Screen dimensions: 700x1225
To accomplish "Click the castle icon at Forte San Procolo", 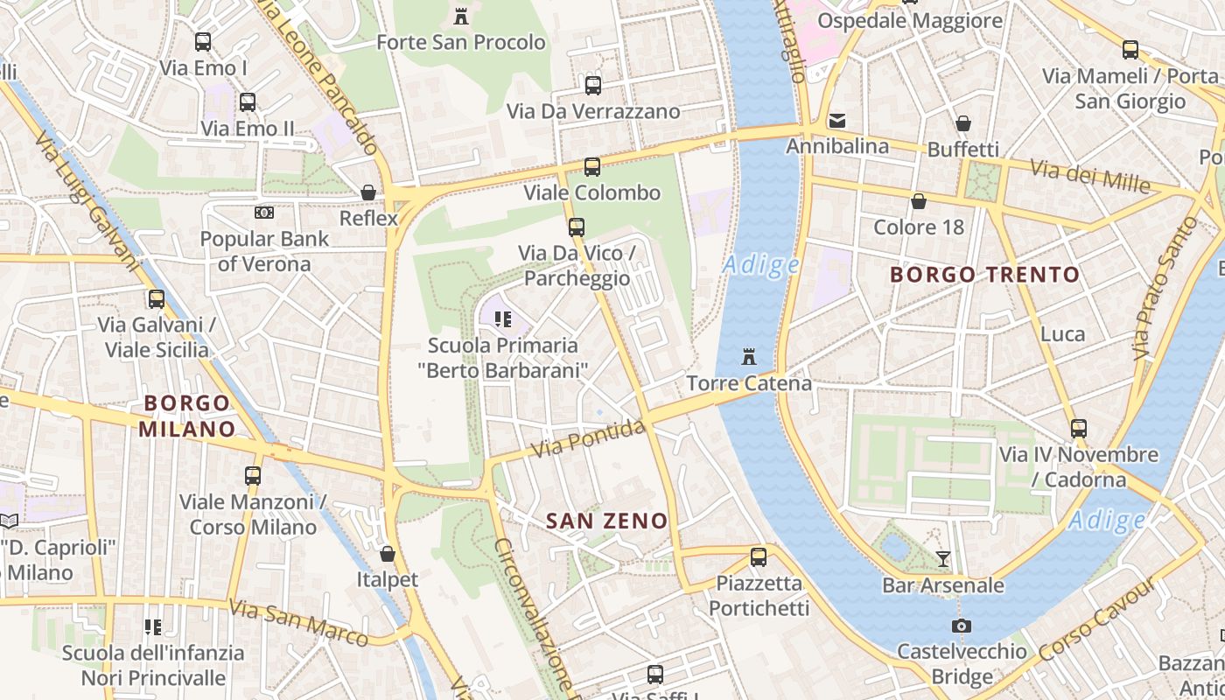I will pyautogui.click(x=461, y=15).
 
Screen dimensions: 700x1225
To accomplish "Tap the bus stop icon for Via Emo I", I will pyautogui.click(x=203, y=41).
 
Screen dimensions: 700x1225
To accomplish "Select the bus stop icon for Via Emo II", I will pyautogui.click(x=248, y=101).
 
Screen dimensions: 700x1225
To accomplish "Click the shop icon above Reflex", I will pyautogui.click(x=368, y=192).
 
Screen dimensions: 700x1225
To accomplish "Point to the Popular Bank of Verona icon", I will pyautogui.click(x=263, y=212).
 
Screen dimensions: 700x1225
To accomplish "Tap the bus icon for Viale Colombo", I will pyautogui.click(x=592, y=166).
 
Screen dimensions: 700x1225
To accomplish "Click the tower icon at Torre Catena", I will pyautogui.click(x=749, y=356).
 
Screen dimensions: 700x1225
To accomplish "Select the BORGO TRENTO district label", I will pyautogui.click(x=984, y=275).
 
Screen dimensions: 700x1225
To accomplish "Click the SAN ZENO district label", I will pyautogui.click(x=606, y=521).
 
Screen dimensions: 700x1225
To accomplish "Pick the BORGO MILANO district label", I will pyautogui.click(x=188, y=416).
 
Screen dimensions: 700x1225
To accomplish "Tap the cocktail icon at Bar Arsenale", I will pyautogui.click(x=943, y=558).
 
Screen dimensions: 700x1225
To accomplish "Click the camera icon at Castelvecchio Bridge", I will pyautogui.click(x=962, y=626).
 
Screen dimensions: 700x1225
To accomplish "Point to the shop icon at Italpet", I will pyautogui.click(x=388, y=553).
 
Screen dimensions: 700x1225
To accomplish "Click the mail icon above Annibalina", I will pyautogui.click(x=837, y=120).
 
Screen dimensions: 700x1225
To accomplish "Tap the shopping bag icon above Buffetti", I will pyautogui.click(x=963, y=123).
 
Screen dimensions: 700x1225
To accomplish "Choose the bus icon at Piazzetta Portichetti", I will pyautogui.click(x=759, y=556).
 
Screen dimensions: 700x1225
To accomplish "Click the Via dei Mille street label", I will pyautogui.click(x=1089, y=176).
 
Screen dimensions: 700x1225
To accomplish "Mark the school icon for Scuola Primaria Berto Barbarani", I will pyautogui.click(x=502, y=318).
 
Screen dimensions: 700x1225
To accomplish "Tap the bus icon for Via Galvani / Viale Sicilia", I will pyautogui.click(x=157, y=298).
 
